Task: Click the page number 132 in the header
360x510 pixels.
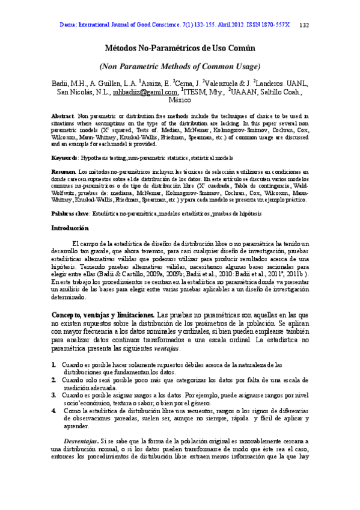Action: point(304,25)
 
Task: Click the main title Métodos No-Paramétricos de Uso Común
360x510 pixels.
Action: point(180,46)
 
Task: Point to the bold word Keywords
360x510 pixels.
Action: point(64,158)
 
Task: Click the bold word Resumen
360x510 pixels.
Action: point(63,171)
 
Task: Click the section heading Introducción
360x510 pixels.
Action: point(70,228)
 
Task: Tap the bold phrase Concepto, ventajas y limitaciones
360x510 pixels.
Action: point(102,315)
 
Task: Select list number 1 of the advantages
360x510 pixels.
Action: point(54,365)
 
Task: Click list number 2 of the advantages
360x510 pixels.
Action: point(54,381)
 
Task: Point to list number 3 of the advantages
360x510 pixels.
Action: point(54,396)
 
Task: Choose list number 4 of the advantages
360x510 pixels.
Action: point(54,411)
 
